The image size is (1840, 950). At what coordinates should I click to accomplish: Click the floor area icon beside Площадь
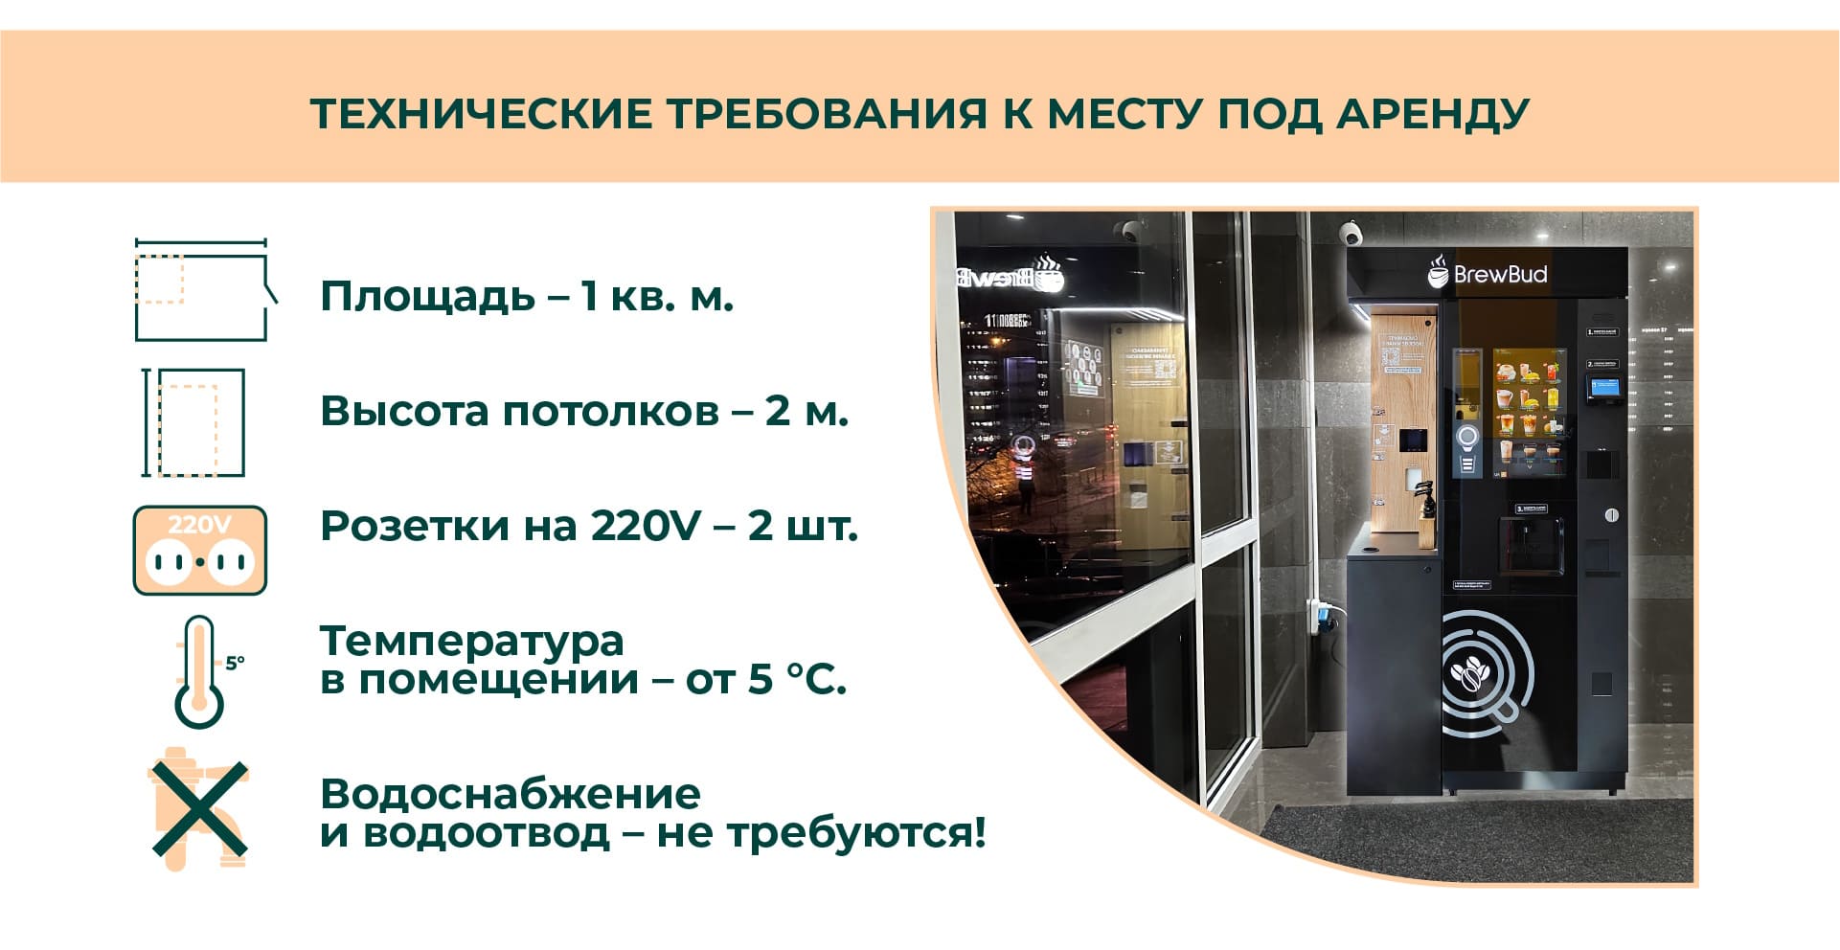coord(202,290)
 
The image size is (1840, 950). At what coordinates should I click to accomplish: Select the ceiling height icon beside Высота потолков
coord(195,422)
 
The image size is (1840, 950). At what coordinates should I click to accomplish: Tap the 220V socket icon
coord(199,551)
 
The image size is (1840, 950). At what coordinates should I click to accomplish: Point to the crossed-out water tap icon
coord(198,810)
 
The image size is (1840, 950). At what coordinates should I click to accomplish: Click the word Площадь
coord(427,297)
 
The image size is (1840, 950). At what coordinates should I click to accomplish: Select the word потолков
coord(610,412)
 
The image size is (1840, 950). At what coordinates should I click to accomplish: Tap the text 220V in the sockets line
coord(647,527)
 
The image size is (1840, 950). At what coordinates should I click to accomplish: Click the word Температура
coord(471,641)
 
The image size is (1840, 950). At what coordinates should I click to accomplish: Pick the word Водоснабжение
coord(511,795)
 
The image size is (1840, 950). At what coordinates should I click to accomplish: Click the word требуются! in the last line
coord(856,833)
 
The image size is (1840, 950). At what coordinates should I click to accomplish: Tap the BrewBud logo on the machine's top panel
coord(1488,274)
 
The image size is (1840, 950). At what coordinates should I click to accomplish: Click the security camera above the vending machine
coord(1352,233)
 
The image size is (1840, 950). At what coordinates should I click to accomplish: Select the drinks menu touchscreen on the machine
coord(1530,410)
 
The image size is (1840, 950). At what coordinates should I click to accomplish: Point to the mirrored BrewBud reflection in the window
coord(1011,277)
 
